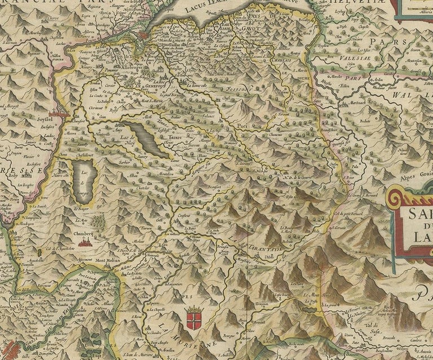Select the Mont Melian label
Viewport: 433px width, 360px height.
(109, 260)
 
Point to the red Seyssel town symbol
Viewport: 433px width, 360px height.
(58, 114)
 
